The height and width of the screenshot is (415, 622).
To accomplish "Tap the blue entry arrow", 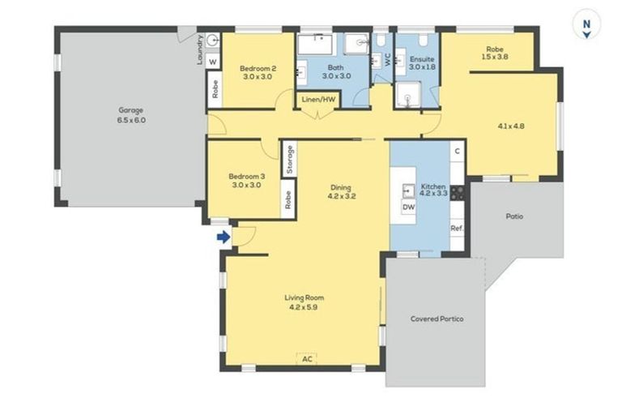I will [x=224, y=237].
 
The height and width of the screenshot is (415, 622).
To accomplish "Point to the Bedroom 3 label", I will [x=246, y=181].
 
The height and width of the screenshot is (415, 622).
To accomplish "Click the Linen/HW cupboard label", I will [x=318, y=99].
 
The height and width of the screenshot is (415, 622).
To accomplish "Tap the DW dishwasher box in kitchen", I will [x=409, y=208].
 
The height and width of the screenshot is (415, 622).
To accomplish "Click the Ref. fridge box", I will [x=456, y=229].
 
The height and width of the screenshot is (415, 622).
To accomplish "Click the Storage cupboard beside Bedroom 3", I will [x=288, y=160].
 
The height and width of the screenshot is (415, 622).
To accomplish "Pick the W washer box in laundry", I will [x=212, y=62].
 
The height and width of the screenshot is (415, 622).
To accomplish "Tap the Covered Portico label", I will [x=437, y=319].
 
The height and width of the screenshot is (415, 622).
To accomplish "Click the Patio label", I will [x=514, y=216].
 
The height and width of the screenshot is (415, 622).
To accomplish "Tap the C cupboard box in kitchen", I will [x=457, y=151].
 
